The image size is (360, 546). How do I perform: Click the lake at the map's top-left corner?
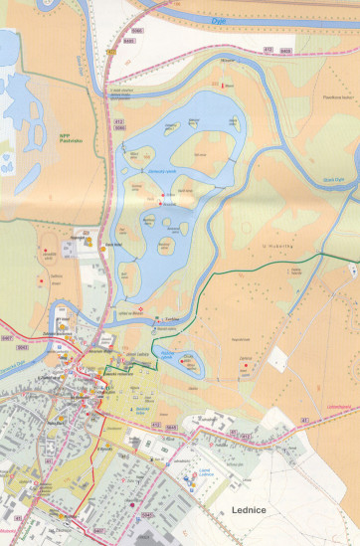point(8,50)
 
